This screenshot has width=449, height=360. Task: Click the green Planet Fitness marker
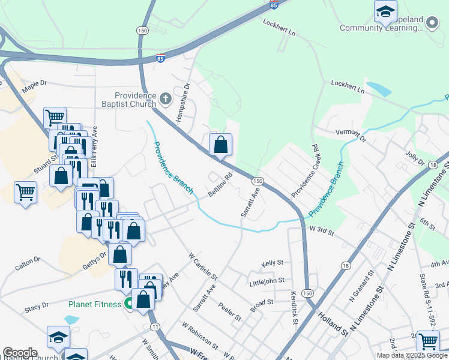pos(129,304)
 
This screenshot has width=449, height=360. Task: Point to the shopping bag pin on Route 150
pos(220,145)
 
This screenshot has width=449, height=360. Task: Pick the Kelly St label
pos(272,263)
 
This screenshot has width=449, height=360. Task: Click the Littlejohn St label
pos(271,280)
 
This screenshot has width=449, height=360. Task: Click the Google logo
pos(20,353)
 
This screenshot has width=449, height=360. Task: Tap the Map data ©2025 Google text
pos(411,355)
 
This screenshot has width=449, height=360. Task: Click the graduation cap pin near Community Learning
pos(385,12)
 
